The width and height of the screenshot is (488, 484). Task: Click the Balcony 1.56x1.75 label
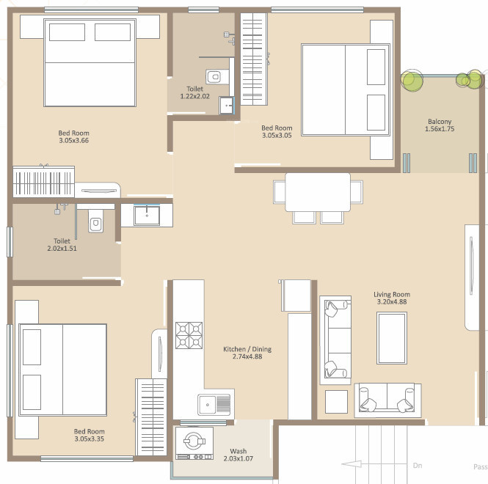(x=440, y=125)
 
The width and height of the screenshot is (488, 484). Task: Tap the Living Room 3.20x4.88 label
(x=392, y=298)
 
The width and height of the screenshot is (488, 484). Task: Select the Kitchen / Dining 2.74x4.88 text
(x=247, y=353)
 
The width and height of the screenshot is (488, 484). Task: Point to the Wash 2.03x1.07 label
(x=238, y=455)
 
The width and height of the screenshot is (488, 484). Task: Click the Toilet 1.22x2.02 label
(x=194, y=92)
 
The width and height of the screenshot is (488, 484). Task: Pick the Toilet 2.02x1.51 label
(x=62, y=245)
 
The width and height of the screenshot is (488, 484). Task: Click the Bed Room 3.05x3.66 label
(x=74, y=136)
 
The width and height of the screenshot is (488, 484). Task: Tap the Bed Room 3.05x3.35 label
(x=89, y=435)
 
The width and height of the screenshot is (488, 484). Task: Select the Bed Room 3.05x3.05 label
(x=277, y=131)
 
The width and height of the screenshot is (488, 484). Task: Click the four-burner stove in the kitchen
(x=189, y=335)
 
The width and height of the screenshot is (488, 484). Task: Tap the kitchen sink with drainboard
(x=214, y=405)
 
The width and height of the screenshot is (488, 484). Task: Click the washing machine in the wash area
(x=194, y=443)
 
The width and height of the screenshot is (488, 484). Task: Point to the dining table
(x=318, y=192)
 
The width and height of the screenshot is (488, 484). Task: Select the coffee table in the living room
(x=392, y=338)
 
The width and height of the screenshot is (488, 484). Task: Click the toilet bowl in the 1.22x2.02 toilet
(x=214, y=76)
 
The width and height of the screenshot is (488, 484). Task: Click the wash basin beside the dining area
(x=147, y=215)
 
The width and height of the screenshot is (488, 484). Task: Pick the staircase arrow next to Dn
(x=352, y=464)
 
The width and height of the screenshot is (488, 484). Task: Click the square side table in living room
(x=336, y=402)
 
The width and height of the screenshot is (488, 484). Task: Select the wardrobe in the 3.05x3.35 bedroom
(x=151, y=417)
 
